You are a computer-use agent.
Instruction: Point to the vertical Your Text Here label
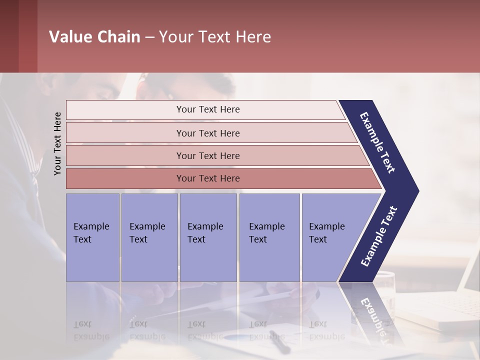[57, 143]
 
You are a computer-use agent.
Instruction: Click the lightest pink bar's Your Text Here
[208, 109]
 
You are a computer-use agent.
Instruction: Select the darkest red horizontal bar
[208, 178]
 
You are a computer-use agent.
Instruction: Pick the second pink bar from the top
[208, 133]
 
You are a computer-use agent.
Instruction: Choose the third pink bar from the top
[208, 155]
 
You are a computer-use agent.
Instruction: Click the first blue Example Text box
[92, 237]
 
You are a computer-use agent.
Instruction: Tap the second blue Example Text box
[149, 237]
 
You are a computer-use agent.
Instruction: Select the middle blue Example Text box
[208, 237]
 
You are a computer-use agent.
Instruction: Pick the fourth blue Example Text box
[269, 237]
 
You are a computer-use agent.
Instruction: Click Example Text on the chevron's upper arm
[378, 142]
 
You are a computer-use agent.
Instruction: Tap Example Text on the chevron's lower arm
[379, 236]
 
